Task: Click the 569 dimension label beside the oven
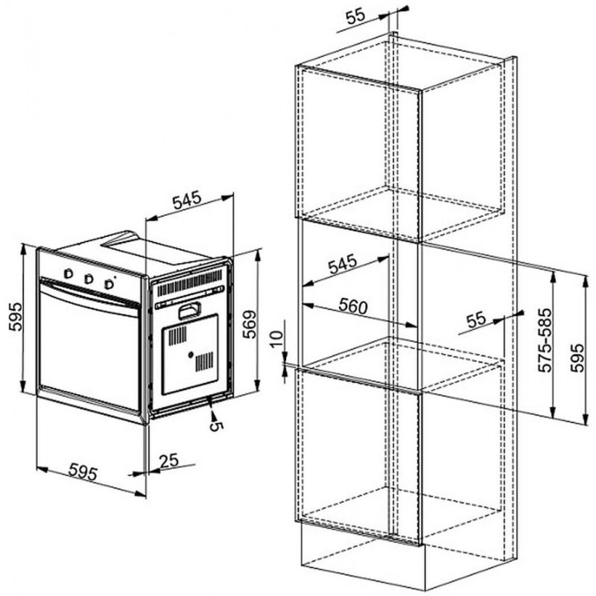point(250,324)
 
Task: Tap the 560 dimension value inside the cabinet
point(353,306)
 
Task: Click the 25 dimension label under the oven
point(169,460)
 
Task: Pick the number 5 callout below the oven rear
point(215,425)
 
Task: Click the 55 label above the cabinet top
point(355,16)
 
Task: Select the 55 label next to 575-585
point(476,320)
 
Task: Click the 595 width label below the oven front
point(83,472)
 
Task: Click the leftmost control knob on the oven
point(69,273)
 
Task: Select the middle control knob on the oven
point(89,279)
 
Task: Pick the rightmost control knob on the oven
point(110,284)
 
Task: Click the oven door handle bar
point(89,294)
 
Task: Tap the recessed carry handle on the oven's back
point(189,310)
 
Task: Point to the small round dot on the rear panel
point(190,355)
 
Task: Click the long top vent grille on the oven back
point(190,282)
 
